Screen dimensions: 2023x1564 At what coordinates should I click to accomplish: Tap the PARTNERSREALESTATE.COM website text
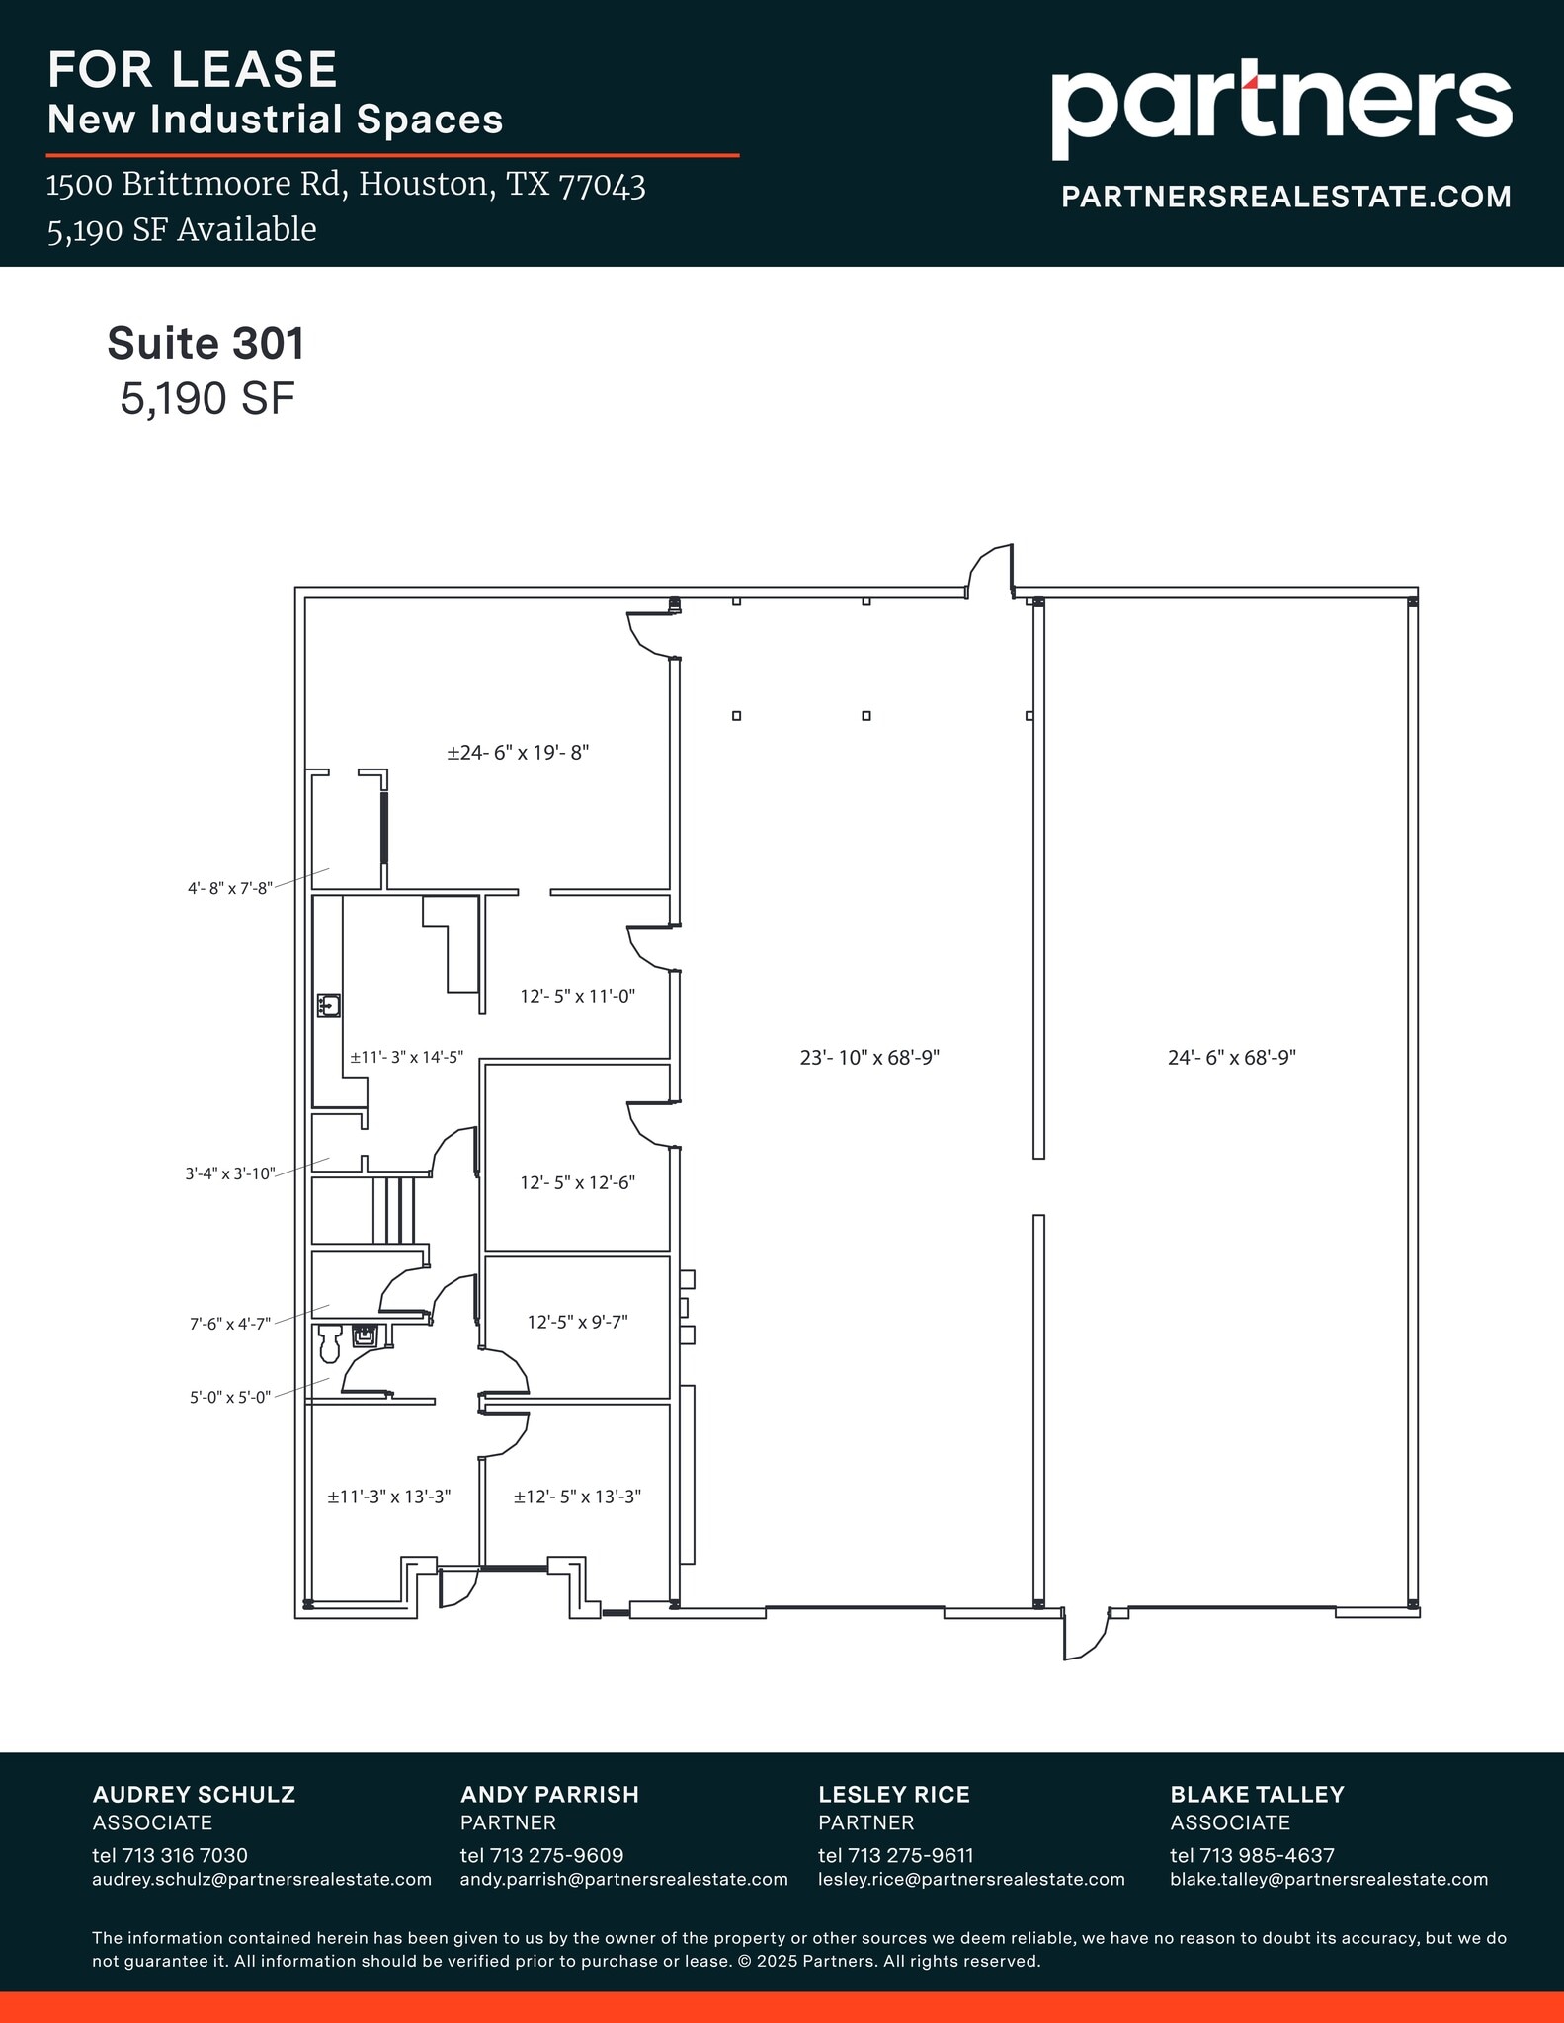click(x=1285, y=197)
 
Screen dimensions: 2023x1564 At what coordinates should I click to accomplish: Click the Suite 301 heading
click(x=206, y=343)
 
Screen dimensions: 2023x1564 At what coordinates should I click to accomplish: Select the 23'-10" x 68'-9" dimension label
click(x=868, y=1058)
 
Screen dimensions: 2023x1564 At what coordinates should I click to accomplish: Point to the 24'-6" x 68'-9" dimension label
click(x=1231, y=1058)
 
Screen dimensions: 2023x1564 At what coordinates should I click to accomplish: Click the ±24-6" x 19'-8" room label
click(x=518, y=753)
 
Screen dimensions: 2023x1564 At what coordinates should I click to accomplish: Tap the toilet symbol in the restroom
click(x=329, y=1341)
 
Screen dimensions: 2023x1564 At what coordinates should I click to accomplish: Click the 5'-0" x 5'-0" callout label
click(x=229, y=1398)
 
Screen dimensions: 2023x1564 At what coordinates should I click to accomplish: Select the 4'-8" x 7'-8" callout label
click(x=229, y=888)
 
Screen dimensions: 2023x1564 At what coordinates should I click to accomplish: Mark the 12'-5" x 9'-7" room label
click(x=577, y=1322)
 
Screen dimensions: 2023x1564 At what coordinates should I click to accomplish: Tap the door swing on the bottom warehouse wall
click(x=1085, y=1634)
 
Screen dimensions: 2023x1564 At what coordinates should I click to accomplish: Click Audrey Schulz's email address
click(x=262, y=1879)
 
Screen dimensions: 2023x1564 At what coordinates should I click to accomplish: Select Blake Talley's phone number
click(x=1252, y=1855)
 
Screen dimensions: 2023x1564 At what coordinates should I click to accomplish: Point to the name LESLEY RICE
click(x=893, y=1794)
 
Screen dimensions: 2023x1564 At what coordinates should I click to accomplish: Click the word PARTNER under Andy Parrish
click(x=508, y=1822)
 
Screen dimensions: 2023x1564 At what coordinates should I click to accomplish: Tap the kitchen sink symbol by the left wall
click(x=329, y=1006)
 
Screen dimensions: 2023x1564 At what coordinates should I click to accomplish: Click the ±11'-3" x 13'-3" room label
click(x=389, y=1497)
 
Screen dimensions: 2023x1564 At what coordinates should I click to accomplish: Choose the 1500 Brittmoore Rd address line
click(x=346, y=185)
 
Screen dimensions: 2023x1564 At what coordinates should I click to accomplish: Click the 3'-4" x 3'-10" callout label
click(x=229, y=1174)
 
